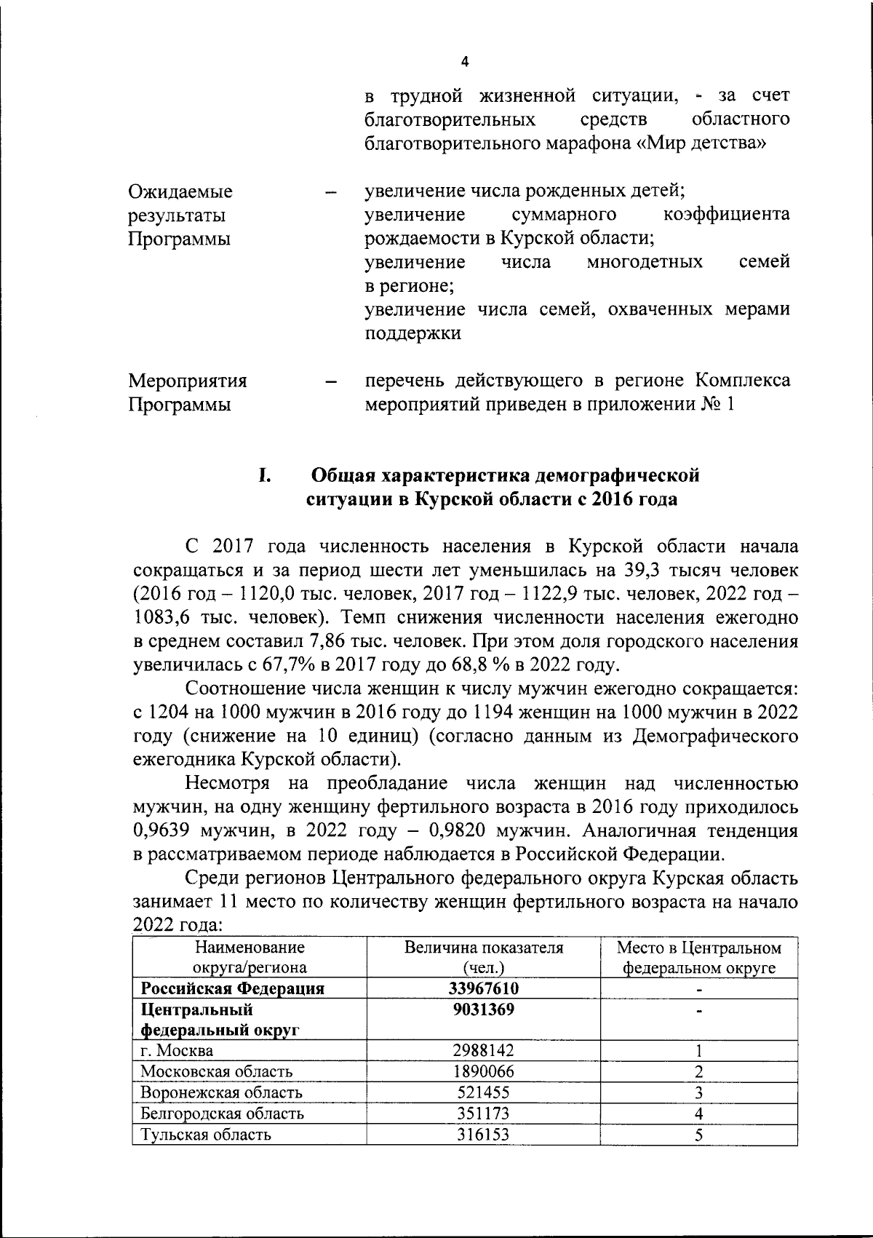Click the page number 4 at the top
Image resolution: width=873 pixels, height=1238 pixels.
pyautogui.click(x=465, y=63)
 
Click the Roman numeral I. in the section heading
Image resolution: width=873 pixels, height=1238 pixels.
pyautogui.click(x=264, y=475)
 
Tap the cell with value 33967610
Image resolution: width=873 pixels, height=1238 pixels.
pyautogui.click(x=484, y=989)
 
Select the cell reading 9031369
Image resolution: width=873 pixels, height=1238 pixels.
pyautogui.click(x=484, y=1010)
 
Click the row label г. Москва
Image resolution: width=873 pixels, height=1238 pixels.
pyautogui.click(x=177, y=1051)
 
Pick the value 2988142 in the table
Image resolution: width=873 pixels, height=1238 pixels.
pyautogui.click(x=484, y=1051)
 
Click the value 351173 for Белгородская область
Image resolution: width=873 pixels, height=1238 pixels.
pyautogui.click(x=484, y=1114)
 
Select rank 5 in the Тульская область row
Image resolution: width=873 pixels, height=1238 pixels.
pyautogui.click(x=698, y=1135)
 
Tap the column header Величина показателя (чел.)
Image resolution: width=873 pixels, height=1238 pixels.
pyautogui.click(x=484, y=958)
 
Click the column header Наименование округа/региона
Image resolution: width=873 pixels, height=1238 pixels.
pyautogui.click(x=249, y=958)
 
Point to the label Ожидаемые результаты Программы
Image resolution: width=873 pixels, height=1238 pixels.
pyautogui.click(x=180, y=215)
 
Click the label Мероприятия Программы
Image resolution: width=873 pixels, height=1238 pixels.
pyautogui.click(x=187, y=392)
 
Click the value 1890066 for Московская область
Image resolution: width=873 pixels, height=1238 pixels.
pyautogui.click(x=484, y=1072)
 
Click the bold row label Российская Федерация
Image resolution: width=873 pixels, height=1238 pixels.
pyautogui.click(x=232, y=989)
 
